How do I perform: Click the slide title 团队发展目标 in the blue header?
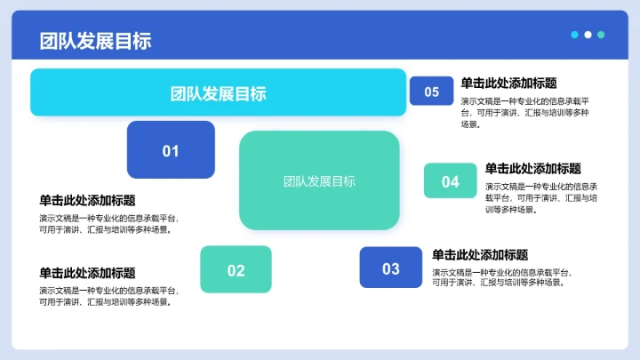[x=95, y=41]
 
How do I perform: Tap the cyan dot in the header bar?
[x=575, y=35]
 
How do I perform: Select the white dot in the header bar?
[x=588, y=35]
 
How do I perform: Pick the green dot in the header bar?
[x=602, y=35]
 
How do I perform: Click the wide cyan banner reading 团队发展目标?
[x=218, y=93]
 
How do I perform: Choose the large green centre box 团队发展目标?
[x=319, y=180]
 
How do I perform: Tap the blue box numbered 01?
[x=171, y=150]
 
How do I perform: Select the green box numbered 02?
[x=236, y=270]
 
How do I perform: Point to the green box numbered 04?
[x=451, y=181]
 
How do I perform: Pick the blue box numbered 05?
[x=431, y=92]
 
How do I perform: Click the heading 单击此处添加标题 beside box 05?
[x=508, y=84]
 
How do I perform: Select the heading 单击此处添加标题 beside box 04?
[x=532, y=169]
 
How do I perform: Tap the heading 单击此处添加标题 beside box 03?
[x=480, y=255]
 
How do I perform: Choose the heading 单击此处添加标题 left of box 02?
[x=87, y=273]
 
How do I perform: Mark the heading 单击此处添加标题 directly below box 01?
[x=87, y=201]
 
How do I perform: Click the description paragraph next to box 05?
[x=524, y=113]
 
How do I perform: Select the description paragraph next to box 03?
[x=500, y=277]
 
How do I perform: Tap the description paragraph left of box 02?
[x=108, y=296]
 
